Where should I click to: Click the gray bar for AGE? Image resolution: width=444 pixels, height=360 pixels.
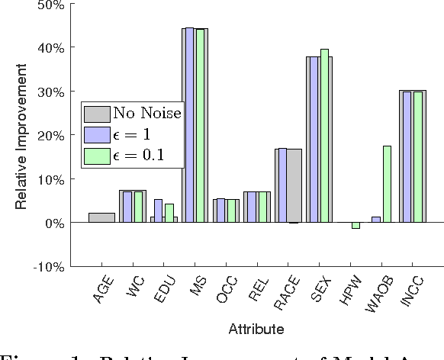[101, 217]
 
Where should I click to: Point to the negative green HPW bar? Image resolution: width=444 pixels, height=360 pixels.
[356, 226]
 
